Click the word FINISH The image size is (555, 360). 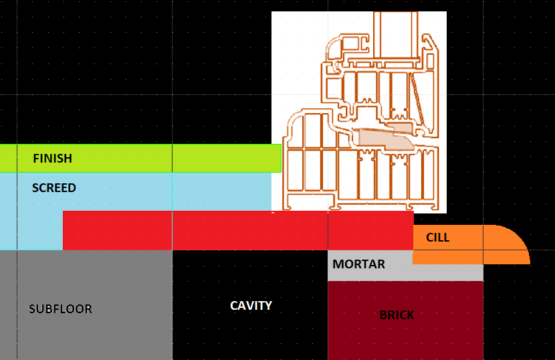52,159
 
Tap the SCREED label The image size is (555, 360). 53,188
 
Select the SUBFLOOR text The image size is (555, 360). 61,309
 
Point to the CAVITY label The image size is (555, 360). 251,305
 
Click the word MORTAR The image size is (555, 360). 358,264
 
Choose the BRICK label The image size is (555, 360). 397,315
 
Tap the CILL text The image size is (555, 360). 438,238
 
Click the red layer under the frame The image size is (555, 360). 238,231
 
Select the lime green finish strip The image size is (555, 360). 140,159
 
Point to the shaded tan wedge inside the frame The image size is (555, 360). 386,139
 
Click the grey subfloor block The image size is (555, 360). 86,305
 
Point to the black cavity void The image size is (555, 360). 250,305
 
